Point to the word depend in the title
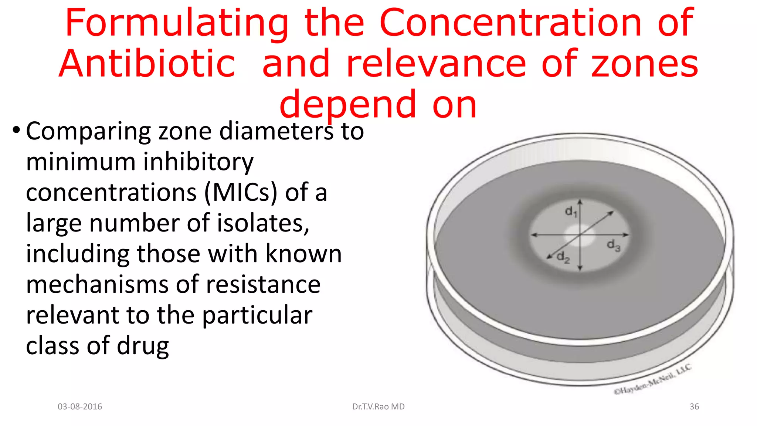(348, 105)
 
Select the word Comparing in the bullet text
(88, 132)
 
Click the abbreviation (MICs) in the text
(240, 193)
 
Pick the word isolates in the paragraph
(263, 223)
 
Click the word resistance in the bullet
(263, 285)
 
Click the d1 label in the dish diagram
(571, 212)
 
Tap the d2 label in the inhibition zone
(563, 257)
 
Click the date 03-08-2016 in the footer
(80, 407)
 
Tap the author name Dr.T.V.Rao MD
(378, 407)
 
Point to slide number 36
(694, 407)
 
